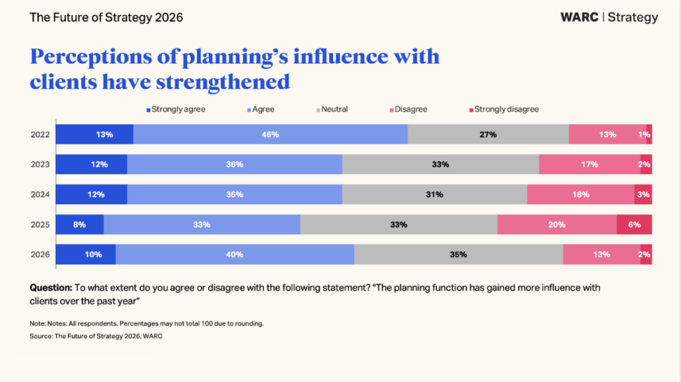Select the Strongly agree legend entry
pos(176,110)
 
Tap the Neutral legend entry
pos(333,110)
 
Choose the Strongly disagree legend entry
pos(504,110)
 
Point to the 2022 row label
pos(40,134)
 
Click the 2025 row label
pos(40,225)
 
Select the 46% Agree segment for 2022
pos(271,134)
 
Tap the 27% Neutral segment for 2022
pos(488,134)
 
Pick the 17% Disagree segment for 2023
pos(590,164)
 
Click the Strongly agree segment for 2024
pos(92,194)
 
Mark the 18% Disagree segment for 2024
pos(581,194)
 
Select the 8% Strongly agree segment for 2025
pos(80,224)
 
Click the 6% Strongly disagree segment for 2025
pos(634,224)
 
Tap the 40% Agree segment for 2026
pos(235,254)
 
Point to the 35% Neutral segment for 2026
pos(459,254)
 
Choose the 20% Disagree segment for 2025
pos(557,224)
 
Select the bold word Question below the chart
pos(51,287)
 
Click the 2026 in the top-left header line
pos(169,17)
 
